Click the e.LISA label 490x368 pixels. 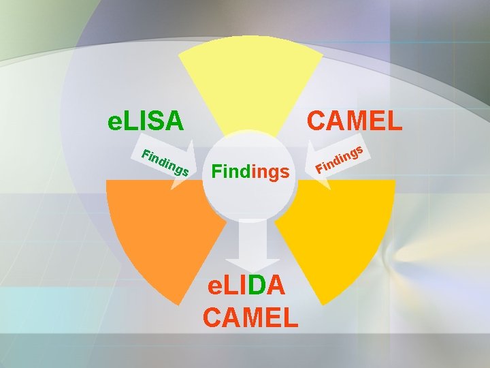pos(146,121)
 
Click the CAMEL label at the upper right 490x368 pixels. pos(354,121)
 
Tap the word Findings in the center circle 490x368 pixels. pos(250,172)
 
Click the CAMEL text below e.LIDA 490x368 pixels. pos(250,317)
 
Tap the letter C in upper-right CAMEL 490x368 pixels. pos(318,121)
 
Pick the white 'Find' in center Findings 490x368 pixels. pos(231,172)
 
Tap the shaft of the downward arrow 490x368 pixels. pos(250,235)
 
